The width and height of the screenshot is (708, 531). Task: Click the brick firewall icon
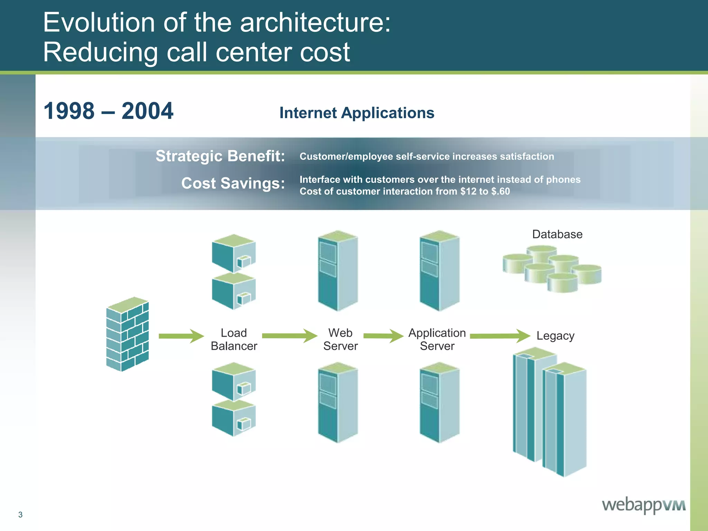click(127, 334)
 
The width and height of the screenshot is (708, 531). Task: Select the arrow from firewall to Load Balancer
click(181, 336)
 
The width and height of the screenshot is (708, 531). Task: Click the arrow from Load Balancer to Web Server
click(289, 336)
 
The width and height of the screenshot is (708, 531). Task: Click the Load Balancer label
click(234, 339)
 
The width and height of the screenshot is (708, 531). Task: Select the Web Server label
click(340, 339)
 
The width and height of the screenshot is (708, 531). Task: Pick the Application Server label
click(437, 339)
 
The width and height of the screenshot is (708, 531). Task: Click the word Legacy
click(555, 336)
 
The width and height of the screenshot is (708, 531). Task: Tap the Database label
click(557, 234)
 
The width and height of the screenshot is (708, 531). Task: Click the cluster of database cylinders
click(552, 269)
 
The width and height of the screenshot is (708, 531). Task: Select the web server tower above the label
click(338, 271)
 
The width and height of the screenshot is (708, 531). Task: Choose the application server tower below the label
click(439, 402)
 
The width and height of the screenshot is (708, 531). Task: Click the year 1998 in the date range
click(69, 111)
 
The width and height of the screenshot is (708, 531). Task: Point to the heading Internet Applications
click(357, 113)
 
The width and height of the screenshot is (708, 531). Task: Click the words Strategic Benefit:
click(220, 156)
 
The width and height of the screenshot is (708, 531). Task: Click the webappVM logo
click(643, 505)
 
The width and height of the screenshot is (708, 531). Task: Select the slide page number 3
click(20, 515)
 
